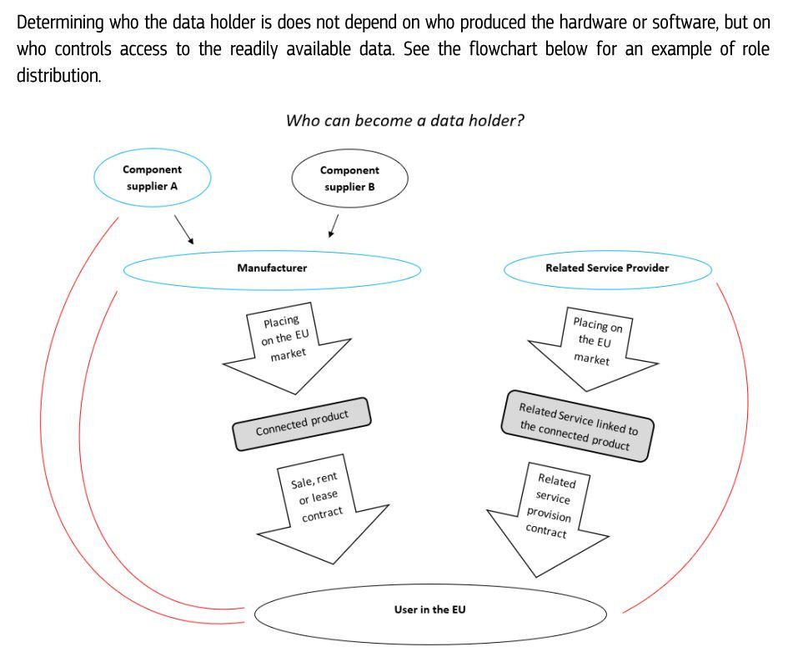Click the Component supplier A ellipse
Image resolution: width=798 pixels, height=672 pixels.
tap(152, 178)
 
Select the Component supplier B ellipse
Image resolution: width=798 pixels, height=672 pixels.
tap(349, 178)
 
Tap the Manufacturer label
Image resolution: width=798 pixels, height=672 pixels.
tap(272, 268)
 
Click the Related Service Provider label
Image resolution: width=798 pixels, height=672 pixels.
tap(607, 268)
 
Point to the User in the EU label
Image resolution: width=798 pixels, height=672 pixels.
tap(429, 610)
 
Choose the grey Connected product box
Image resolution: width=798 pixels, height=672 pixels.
tap(302, 424)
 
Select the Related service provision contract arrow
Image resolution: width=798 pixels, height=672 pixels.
tap(547, 517)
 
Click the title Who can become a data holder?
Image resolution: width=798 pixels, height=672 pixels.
tap(404, 120)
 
